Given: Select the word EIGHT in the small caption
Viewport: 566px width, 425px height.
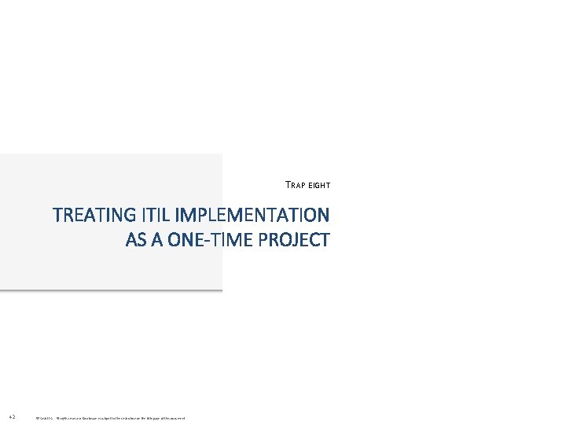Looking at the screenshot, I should (319, 186).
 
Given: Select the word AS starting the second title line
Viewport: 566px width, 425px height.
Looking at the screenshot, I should (135, 240).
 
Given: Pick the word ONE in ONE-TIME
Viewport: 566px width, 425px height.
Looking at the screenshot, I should (185, 240).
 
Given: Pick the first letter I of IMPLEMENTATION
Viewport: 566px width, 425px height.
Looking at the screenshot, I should (178, 215).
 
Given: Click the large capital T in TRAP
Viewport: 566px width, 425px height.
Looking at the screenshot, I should (288, 186).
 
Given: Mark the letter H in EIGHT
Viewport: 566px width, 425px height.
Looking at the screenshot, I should (324, 186).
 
